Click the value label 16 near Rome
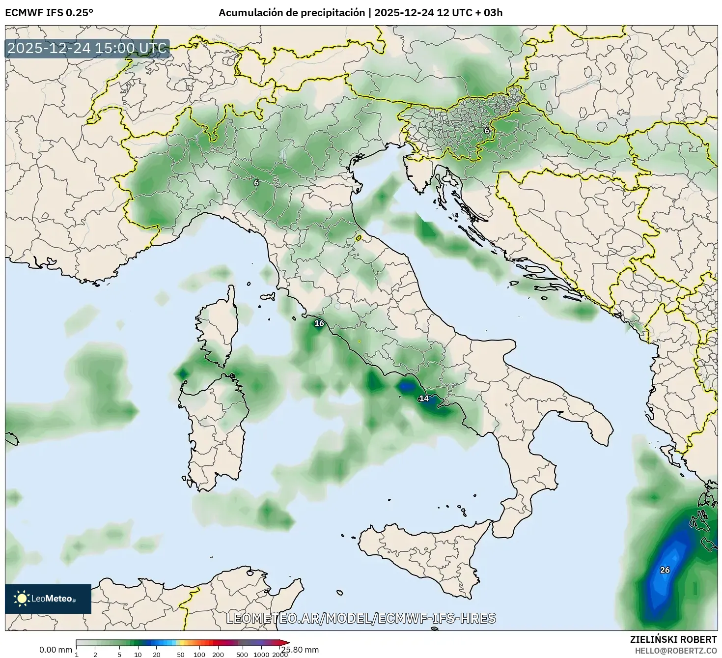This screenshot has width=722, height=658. pyautogui.click(x=319, y=323)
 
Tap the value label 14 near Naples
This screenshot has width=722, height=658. pyautogui.click(x=424, y=399)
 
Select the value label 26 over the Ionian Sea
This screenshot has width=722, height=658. pyautogui.click(x=665, y=570)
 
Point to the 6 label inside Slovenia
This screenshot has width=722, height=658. pyautogui.click(x=487, y=131)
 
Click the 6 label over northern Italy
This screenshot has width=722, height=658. pyautogui.click(x=256, y=182)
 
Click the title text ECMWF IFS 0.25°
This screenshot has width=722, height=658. pyautogui.click(x=49, y=13)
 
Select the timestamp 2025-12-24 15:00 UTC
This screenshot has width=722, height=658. pyautogui.click(x=87, y=48)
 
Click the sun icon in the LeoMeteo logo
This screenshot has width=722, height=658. pyautogui.click(x=22, y=598)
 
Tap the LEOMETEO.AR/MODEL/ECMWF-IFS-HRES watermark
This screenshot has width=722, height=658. pyautogui.click(x=361, y=618)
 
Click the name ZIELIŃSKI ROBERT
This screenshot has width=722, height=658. pyautogui.click(x=673, y=639)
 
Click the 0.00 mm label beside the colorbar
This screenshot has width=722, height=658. pyautogui.click(x=56, y=650)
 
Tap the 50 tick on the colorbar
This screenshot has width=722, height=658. pyautogui.click(x=181, y=655)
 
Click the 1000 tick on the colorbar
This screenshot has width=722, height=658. pyautogui.click(x=261, y=655)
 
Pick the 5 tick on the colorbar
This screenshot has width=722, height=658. pyautogui.click(x=119, y=655)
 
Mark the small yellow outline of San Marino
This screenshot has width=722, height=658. pyautogui.click(x=359, y=238)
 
